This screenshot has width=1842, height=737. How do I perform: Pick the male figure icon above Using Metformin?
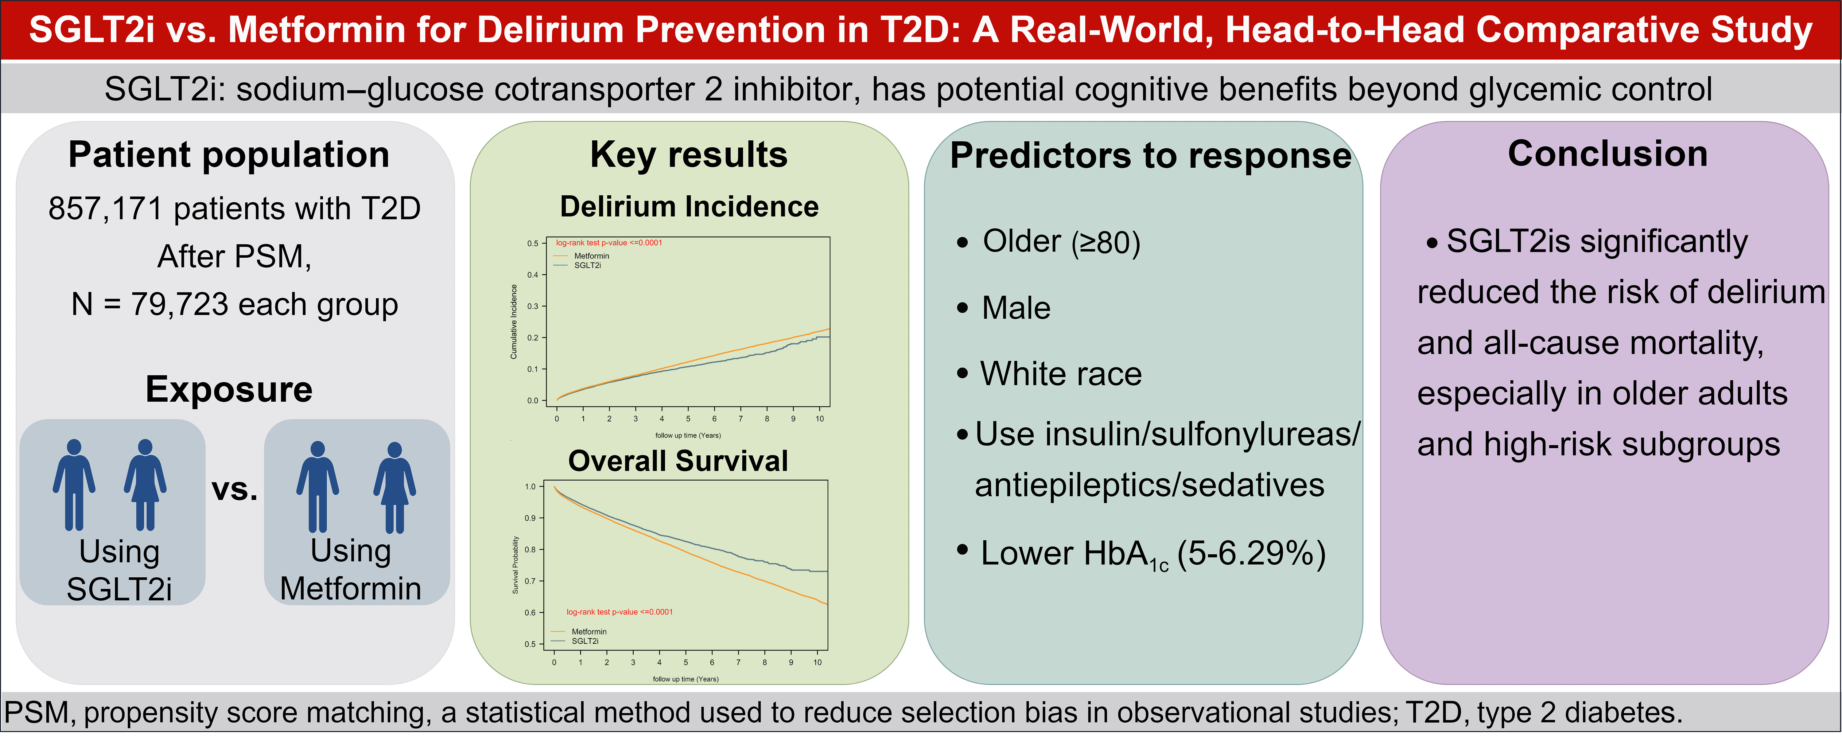(317, 486)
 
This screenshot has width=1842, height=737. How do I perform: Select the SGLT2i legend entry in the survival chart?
(585, 641)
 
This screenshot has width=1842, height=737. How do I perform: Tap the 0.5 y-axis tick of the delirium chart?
(533, 243)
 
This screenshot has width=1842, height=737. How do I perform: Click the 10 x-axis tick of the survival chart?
(817, 663)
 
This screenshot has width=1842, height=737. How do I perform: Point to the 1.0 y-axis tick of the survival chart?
(530, 486)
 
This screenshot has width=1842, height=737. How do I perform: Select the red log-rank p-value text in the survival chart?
(619, 612)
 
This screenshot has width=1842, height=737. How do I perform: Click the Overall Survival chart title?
(678, 461)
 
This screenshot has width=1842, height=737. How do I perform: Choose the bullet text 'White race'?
(1060, 373)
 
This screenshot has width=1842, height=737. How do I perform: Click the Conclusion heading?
(1607, 154)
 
